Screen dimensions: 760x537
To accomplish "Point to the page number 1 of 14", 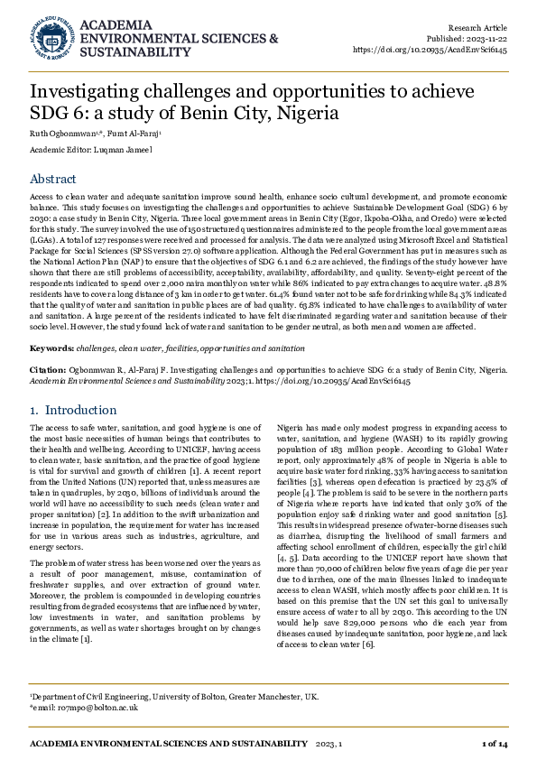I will pos(495,742).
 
